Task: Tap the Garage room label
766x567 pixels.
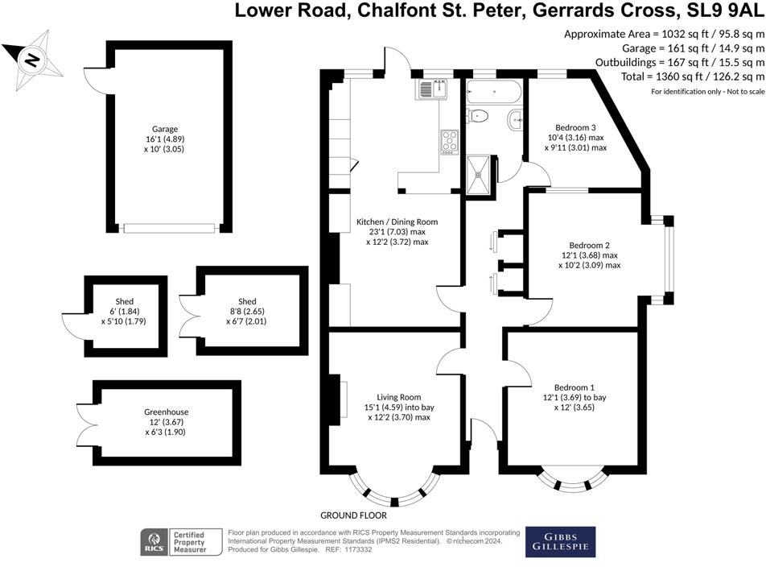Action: [x=165, y=128]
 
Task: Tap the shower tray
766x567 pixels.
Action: [x=481, y=174]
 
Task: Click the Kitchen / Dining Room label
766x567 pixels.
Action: [x=397, y=221]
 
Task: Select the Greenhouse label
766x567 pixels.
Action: [x=167, y=412]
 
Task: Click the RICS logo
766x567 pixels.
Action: [x=152, y=541]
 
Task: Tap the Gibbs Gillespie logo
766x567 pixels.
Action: [x=561, y=542]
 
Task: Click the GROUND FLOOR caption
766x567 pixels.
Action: [x=354, y=515]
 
